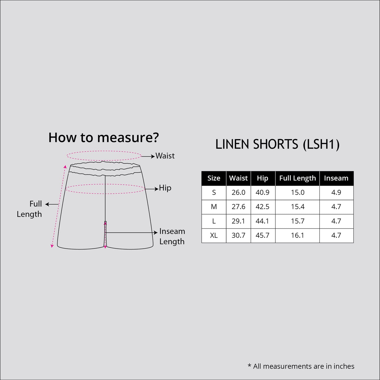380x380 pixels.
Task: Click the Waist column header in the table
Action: pyautogui.click(x=238, y=178)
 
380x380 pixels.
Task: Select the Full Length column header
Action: pyautogui.click(x=297, y=178)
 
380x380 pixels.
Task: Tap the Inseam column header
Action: pyautogui.click(x=336, y=178)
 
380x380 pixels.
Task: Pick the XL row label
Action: pyautogui.click(x=214, y=235)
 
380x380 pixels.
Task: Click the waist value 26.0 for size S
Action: pyautogui.click(x=238, y=192)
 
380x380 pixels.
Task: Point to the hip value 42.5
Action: pyautogui.click(x=262, y=207)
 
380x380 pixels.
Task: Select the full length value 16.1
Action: pyautogui.click(x=297, y=235)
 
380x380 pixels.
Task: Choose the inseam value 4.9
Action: pyautogui.click(x=336, y=192)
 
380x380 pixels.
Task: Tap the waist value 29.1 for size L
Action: pyautogui.click(x=238, y=221)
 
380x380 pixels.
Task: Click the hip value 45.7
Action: pyautogui.click(x=262, y=235)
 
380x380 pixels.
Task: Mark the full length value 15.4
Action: pyautogui.click(x=297, y=207)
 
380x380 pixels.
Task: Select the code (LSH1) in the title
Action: pyautogui.click(x=321, y=144)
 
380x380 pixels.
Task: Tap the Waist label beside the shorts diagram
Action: pyautogui.click(x=165, y=156)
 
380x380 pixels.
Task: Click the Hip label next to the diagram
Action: pyautogui.click(x=165, y=188)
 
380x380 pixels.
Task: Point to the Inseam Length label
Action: pyautogui.click(x=172, y=236)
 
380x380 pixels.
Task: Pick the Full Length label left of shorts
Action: pyautogui.click(x=29, y=209)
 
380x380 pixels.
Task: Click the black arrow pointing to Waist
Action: pyautogui.click(x=148, y=156)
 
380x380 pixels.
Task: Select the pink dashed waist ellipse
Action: pyautogui.click(x=104, y=152)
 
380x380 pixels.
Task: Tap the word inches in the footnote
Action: pyautogui.click(x=344, y=366)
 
